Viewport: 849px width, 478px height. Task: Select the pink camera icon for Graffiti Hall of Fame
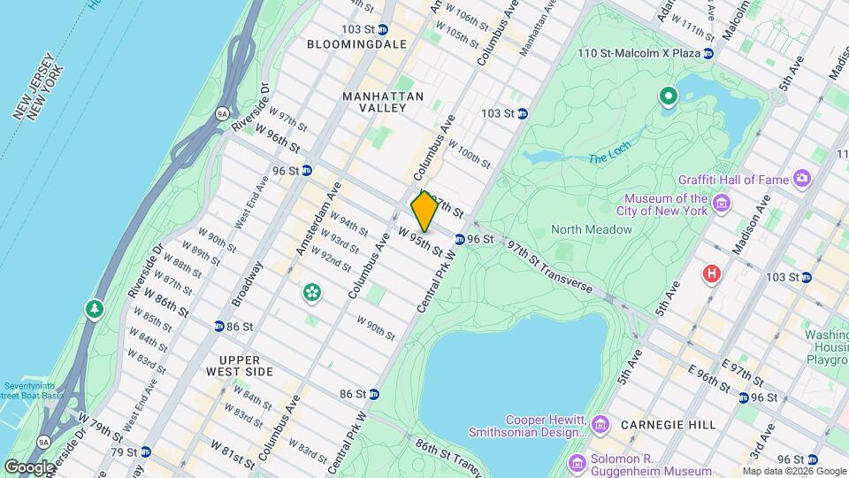(802, 180)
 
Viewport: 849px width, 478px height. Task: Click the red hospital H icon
(711, 274)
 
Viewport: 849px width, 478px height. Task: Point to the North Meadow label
(592, 229)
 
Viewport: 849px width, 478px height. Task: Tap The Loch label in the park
(608, 158)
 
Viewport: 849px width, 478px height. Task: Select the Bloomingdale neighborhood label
(356, 43)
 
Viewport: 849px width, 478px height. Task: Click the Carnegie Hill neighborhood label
(669, 425)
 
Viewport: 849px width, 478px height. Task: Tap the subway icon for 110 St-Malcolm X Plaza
(708, 54)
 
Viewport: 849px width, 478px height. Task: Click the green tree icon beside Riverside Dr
(94, 309)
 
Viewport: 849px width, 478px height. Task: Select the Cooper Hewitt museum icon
(600, 426)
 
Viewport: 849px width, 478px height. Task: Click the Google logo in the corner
(28, 467)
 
